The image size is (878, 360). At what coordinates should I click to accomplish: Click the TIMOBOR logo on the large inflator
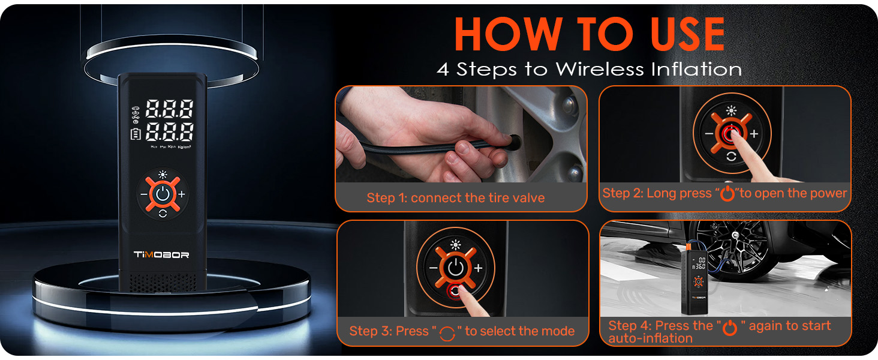point(161,254)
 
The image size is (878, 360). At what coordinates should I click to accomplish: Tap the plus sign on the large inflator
point(182,194)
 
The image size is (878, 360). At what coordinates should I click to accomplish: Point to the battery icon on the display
point(135,134)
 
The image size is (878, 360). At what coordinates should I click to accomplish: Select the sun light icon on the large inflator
point(163,175)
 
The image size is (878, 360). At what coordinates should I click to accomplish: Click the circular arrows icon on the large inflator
point(163,214)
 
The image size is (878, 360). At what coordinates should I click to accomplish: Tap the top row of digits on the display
point(170,109)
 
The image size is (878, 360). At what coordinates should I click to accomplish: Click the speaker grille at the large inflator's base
point(162,282)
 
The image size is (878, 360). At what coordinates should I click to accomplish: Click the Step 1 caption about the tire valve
point(455,198)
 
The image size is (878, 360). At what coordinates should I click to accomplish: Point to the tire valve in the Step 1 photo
point(513,142)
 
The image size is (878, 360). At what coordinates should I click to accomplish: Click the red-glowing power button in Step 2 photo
point(729,134)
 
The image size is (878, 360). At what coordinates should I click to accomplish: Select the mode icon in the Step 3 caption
point(447,332)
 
